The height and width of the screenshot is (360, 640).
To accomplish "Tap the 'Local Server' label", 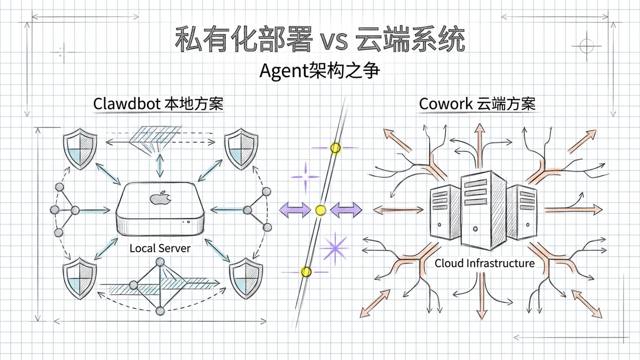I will point(160,248).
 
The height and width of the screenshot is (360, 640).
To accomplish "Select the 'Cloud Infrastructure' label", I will point(484,263).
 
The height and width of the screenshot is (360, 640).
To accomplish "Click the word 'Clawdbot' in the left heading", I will point(127,104).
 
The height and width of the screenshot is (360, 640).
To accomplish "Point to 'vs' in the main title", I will point(334,41).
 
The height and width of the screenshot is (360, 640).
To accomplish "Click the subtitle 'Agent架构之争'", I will point(319,71).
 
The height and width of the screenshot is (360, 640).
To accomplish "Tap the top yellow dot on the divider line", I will point(335,148).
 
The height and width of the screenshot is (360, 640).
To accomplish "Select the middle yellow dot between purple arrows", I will point(320,210).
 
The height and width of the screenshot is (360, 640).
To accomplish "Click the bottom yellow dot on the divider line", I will point(306,272).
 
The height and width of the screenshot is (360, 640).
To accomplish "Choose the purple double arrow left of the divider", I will point(295,210).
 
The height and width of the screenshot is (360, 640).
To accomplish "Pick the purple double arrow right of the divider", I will point(346,210).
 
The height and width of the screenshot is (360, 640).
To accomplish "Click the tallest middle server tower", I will point(476,210).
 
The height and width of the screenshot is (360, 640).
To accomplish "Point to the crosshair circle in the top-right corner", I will point(586,46).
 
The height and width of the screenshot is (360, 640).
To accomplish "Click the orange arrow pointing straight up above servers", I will point(480,143).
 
